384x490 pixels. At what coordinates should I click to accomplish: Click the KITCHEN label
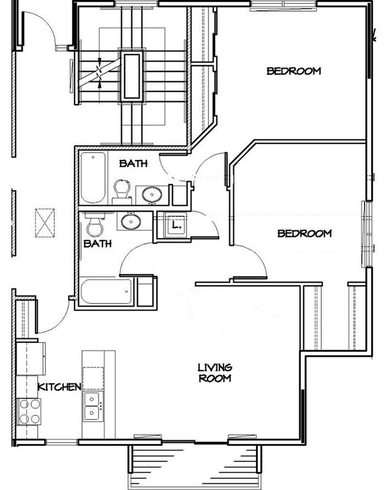tap(60, 386)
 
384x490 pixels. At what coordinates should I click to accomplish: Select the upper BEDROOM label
tap(293, 71)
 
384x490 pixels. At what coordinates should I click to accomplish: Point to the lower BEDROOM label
tap(304, 233)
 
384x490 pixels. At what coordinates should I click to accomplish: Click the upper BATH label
tap(134, 164)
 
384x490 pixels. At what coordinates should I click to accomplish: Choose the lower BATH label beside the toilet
tap(97, 244)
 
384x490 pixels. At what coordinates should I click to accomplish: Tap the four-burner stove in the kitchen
tap(28, 411)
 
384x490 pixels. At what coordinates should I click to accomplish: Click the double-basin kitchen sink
tap(91, 405)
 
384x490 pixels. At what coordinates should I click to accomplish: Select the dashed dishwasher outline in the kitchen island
tap(93, 378)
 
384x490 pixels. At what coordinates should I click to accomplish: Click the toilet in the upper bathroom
tap(122, 190)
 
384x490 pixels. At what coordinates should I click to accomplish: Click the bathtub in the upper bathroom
tap(92, 178)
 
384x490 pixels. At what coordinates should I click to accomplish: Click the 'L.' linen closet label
tap(176, 226)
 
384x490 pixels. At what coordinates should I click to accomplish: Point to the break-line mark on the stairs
tap(100, 72)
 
